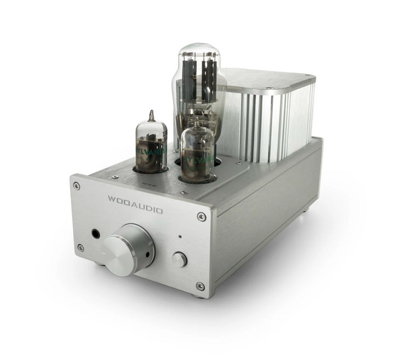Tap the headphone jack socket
pyautogui.click(x=96, y=234)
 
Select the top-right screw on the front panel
pyautogui.click(x=201, y=216)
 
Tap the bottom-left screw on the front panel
pyautogui.click(x=80, y=248)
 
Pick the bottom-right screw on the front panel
pyautogui.click(x=200, y=286)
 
